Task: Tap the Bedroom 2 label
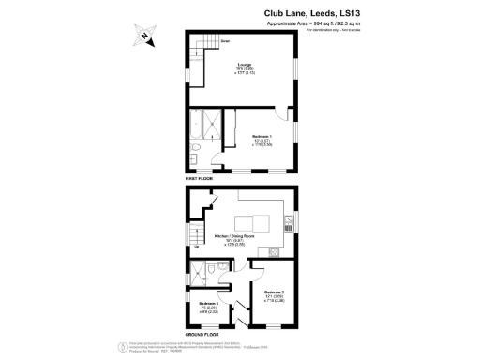273,297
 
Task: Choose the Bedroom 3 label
209,307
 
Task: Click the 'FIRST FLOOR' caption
200,177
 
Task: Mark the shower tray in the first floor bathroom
215,123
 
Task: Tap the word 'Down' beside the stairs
226,41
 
